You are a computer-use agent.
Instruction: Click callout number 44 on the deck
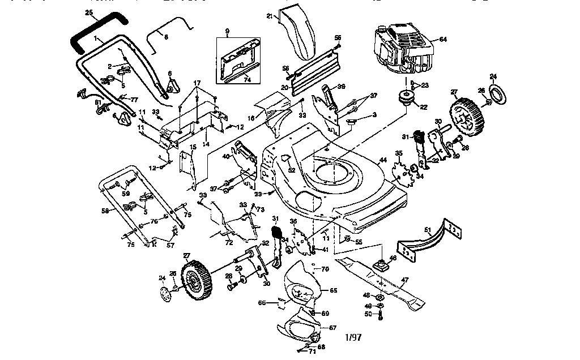click(383, 161)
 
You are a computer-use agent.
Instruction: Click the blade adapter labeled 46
click(381, 263)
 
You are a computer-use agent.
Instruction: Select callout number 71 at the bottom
click(312, 351)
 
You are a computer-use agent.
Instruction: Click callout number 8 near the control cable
click(166, 37)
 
